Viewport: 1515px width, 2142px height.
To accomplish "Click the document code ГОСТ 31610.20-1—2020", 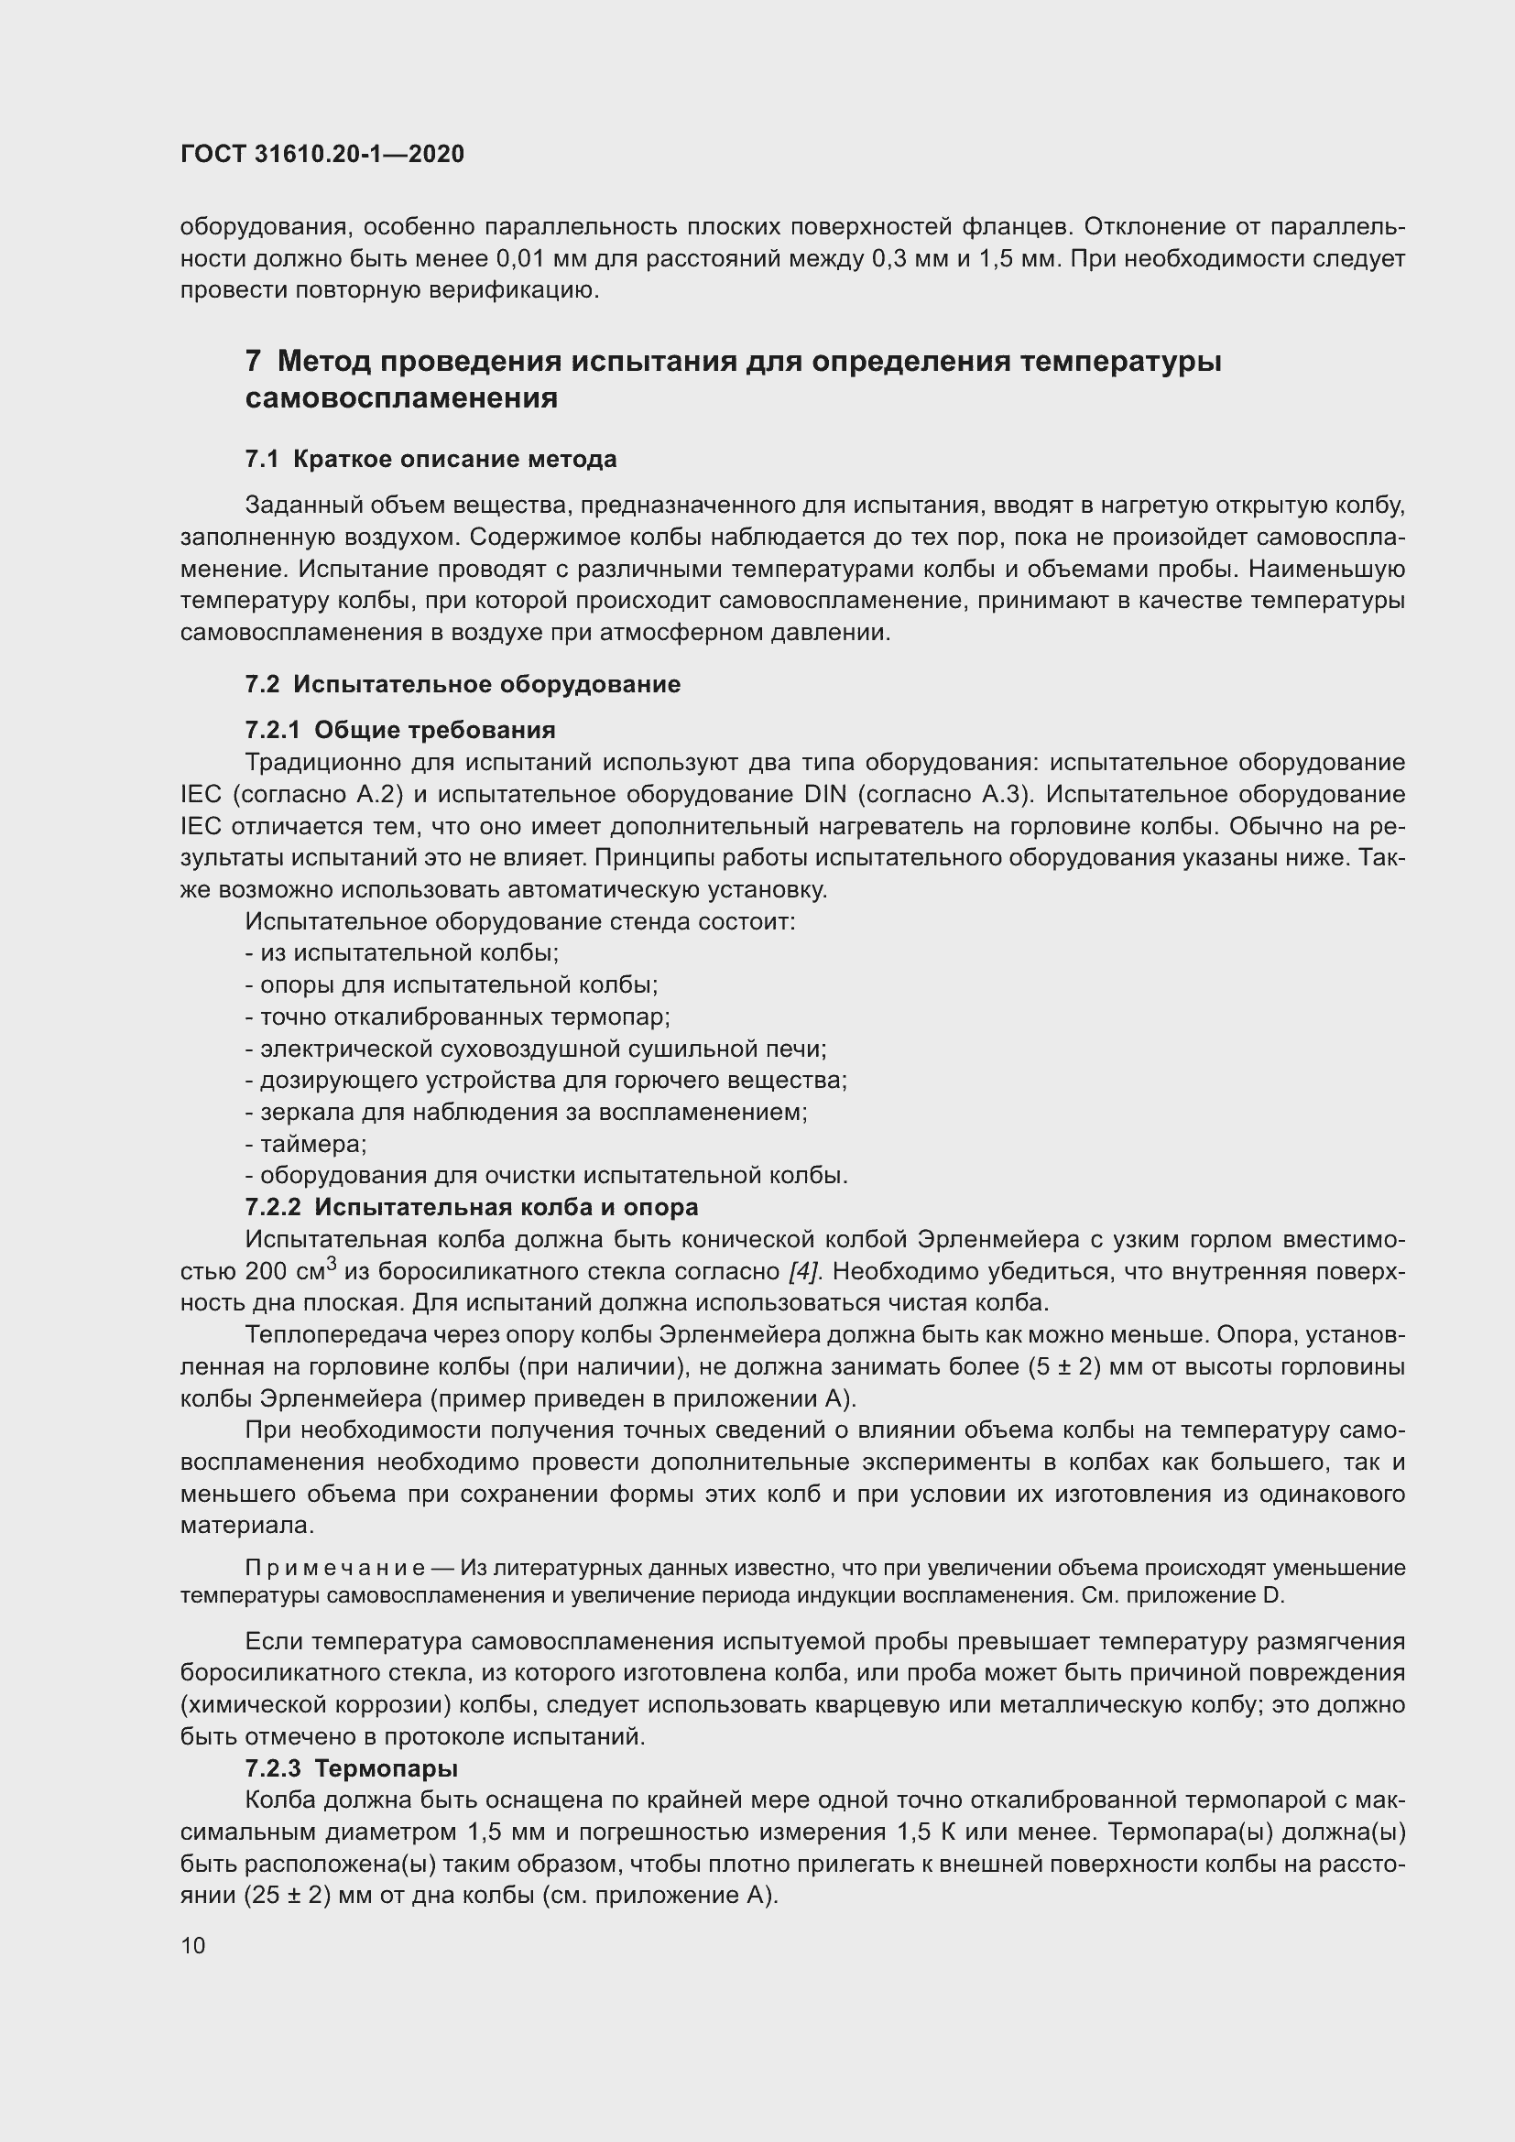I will pos(322,154).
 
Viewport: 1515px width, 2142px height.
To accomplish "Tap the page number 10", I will pos(193,1945).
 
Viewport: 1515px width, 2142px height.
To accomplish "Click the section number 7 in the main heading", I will pos(253,360).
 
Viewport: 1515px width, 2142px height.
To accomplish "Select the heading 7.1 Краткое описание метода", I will pos(431,459).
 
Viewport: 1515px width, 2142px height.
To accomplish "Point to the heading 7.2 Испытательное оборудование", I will pos(462,684).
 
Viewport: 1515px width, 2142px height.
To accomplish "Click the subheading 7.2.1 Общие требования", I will pos(400,730).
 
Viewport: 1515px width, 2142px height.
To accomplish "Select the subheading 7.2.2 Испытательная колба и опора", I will pos(471,1206).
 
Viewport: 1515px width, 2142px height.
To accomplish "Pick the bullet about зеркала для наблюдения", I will pos(525,1111).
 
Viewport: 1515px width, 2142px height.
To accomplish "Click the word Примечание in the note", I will pos(335,1568).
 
